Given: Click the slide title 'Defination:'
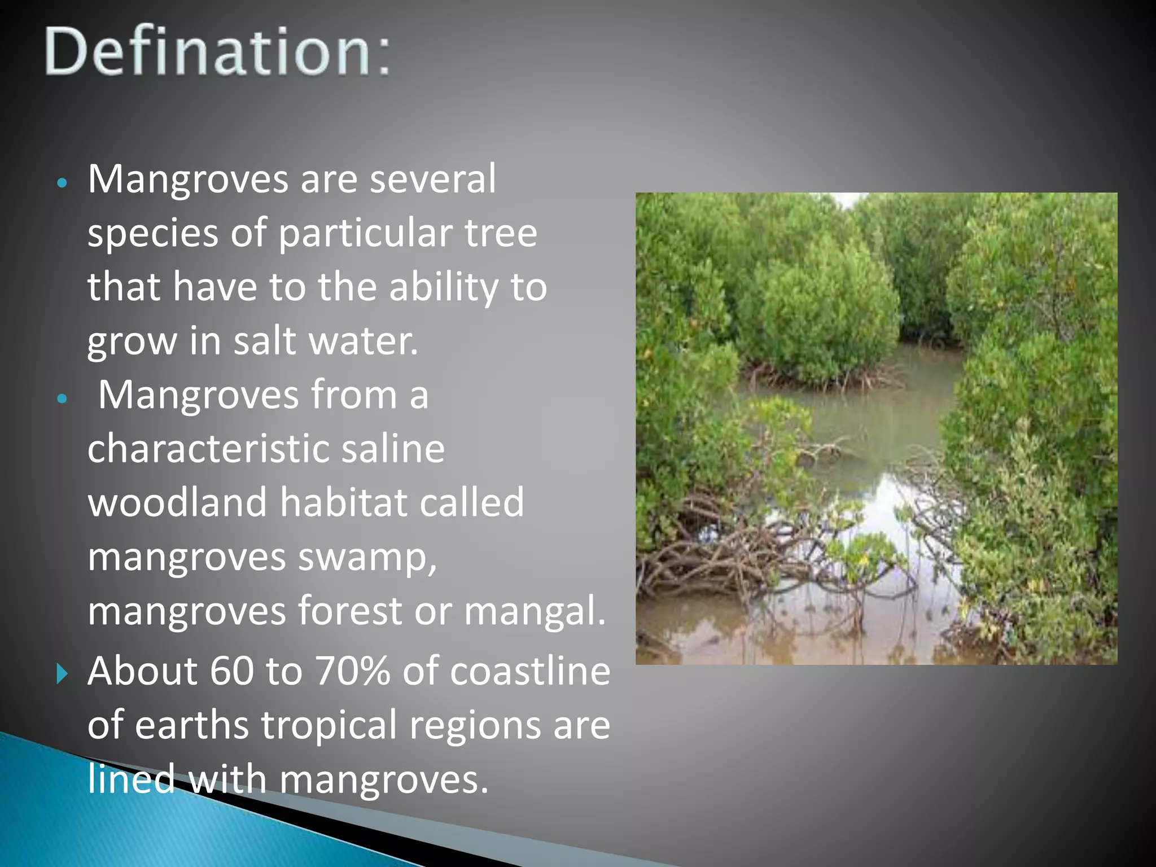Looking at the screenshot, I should [217, 52].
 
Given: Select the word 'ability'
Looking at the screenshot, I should [444, 287].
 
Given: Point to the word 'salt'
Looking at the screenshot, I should [265, 341].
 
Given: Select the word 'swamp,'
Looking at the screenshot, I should [367, 558].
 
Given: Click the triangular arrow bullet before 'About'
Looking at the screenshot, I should [62, 673].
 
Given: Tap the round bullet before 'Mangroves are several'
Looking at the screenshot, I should [63, 183].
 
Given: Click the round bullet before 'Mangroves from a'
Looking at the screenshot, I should [63, 399].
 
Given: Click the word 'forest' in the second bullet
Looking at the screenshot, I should [350, 611].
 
